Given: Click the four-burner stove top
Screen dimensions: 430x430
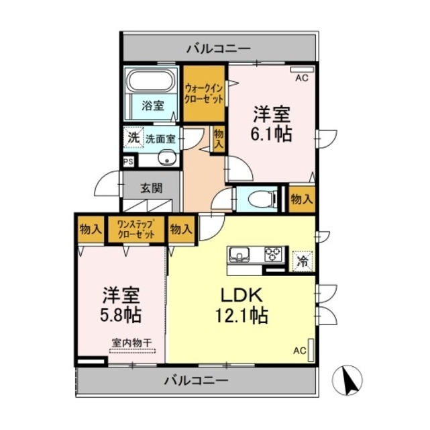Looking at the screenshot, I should click(x=274, y=255).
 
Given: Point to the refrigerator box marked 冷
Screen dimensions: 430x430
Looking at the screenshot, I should click(x=303, y=260).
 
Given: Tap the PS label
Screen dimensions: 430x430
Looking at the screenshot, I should click(x=128, y=161).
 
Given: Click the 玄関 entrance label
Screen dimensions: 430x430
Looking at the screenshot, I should click(x=151, y=188).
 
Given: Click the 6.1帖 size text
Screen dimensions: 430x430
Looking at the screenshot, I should click(x=272, y=133).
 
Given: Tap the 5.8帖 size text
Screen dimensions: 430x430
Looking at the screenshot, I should click(x=121, y=313).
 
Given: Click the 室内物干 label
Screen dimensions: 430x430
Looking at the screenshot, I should click(x=131, y=343).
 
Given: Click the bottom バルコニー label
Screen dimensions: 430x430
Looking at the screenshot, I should click(x=197, y=380).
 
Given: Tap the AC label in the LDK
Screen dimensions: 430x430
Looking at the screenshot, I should click(x=299, y=350).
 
